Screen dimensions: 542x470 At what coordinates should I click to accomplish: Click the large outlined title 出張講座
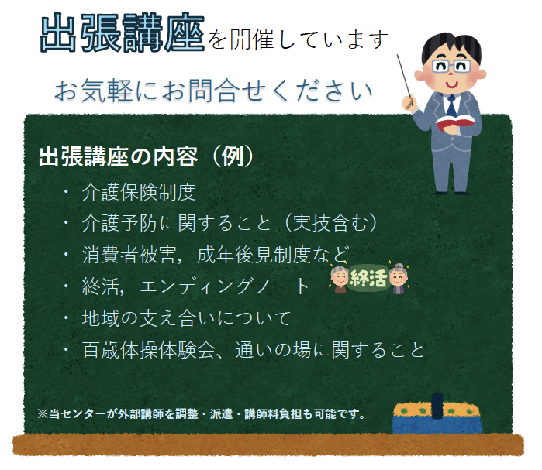(123, 33)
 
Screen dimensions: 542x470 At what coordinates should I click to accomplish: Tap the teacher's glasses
(451, 66)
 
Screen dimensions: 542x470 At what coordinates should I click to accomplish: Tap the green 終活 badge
(368, 279)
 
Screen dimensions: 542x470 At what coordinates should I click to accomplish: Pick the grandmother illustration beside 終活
(399, 279)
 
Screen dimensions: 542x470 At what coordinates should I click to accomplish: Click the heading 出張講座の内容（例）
(147, 156)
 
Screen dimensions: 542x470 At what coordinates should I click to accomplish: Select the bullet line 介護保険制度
(139, 192)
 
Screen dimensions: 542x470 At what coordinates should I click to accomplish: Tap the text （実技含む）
(330, 223)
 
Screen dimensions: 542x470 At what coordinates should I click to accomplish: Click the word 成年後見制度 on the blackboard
(254, 255)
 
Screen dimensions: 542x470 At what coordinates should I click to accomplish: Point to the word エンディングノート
(225, 286)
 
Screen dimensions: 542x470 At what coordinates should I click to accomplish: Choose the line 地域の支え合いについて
(186, 317)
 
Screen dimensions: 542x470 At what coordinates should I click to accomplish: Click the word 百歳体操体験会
(149, 350)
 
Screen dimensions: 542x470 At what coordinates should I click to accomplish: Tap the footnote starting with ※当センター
(202, 413)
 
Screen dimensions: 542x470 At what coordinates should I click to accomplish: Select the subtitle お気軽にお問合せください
(213, 91)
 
